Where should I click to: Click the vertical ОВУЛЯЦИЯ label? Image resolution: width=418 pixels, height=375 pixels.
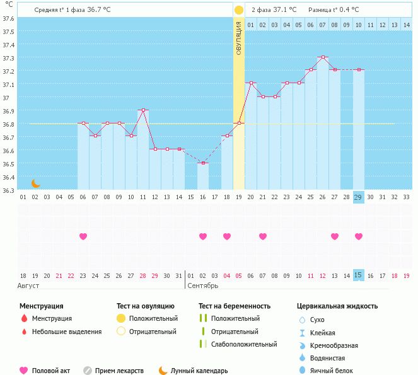(x=239, y=38)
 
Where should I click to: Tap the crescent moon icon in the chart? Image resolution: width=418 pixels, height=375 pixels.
(x=36, y=183)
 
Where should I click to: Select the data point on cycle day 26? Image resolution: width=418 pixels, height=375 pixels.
(x=323, y=57)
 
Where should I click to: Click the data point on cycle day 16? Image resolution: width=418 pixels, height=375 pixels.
(x=203, y=163)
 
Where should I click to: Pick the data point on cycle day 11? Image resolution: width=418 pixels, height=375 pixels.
(x=143, y=110)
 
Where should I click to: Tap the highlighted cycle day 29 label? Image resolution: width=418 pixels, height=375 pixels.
(x=359, y=197)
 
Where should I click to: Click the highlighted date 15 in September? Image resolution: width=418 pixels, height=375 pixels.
(x=359, y=275)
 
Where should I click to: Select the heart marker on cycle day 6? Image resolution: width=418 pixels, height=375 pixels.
(x=83, y=236)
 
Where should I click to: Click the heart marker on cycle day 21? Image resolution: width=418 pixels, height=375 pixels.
(x=263, y=236)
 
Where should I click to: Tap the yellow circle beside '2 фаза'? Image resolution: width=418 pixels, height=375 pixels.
(x=239, y=10)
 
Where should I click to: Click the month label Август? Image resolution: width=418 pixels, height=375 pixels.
(x=29, y=286)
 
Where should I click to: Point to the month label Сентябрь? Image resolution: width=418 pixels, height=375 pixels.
(x=203, y=286)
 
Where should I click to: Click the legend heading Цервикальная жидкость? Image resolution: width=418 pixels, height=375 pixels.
(x=337, y=306)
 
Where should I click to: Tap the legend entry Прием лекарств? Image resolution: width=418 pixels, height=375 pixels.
(x=119, y=371)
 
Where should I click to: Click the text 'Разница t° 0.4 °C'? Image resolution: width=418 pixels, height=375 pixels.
(x=334, y=10)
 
